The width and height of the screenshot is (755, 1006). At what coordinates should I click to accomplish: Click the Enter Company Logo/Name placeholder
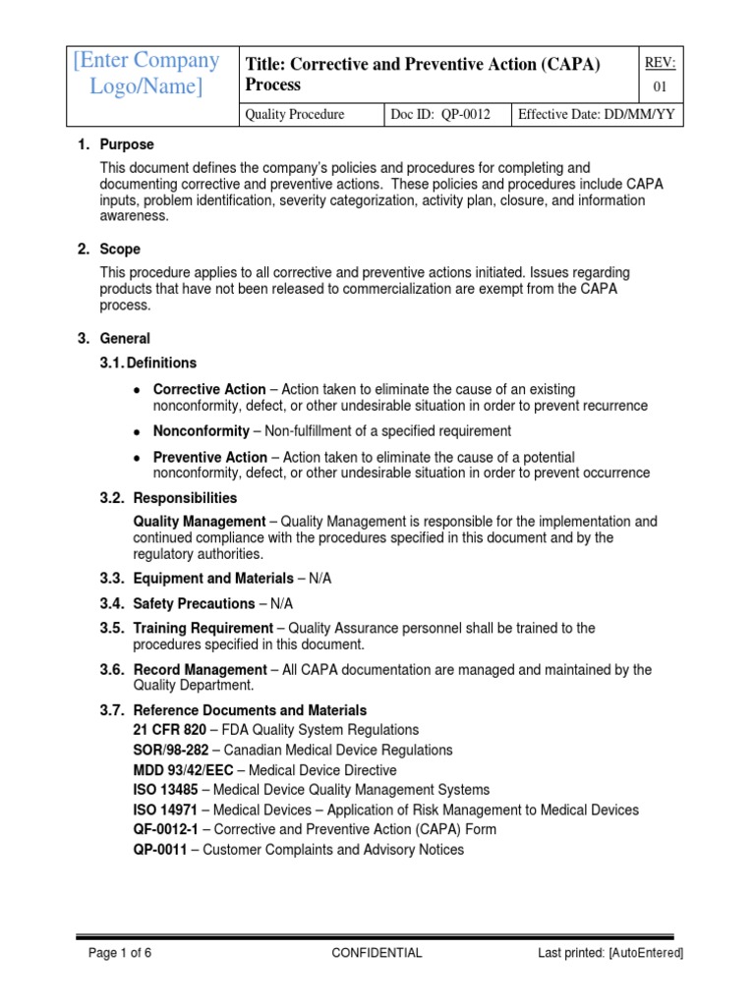145,75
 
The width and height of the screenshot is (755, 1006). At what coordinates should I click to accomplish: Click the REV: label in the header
659,63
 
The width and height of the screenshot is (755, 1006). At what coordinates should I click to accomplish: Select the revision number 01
659,88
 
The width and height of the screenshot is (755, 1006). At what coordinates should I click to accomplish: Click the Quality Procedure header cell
295,115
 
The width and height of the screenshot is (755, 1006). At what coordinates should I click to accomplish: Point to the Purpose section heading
126,144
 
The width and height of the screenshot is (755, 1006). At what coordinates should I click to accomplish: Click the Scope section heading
120,250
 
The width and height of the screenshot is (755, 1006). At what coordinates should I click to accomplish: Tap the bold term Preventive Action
209,457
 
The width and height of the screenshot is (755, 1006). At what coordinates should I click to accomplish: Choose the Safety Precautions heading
194,603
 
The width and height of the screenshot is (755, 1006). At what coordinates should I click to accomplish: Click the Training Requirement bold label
203,628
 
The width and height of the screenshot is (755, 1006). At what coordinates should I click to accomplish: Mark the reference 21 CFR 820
169,730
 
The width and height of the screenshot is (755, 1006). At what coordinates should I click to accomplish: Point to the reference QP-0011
160,850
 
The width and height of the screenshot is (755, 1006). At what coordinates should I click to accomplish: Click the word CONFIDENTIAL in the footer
377,952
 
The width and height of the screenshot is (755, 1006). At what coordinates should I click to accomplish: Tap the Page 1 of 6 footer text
120,952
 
